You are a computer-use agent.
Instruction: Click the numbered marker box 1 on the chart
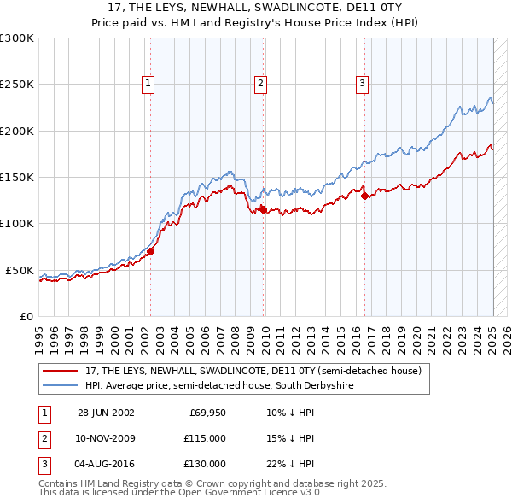point(148,83)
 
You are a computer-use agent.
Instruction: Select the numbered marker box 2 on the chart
point(259,83)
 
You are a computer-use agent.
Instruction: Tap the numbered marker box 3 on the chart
point(362,83)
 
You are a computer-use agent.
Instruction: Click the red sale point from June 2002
point(151,251)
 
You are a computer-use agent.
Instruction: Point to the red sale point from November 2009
point(263,209)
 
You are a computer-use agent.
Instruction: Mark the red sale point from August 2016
point(365,196)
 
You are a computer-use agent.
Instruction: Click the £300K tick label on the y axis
point(16,38)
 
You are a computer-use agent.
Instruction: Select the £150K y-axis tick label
point(16,177)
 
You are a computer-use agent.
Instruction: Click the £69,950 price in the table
point(207,413)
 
